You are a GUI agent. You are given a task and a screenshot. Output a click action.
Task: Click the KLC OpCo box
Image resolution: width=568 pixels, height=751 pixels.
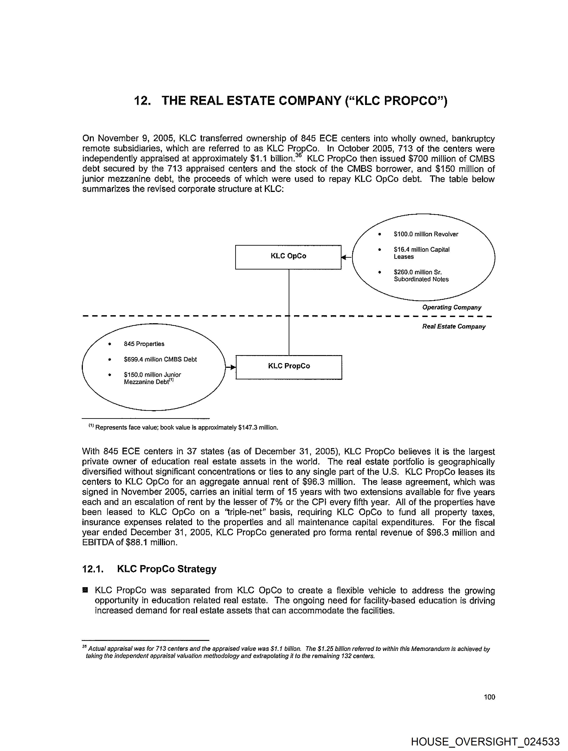click(x=288, y=257)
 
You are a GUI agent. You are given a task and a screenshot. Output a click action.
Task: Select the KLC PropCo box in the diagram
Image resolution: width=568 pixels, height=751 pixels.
click(x=289, y=367)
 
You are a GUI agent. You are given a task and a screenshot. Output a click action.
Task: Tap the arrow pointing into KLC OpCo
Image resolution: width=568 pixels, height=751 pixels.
click(x=346, y=257)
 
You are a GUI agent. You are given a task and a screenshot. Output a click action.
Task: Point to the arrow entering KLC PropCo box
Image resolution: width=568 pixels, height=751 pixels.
click(x=231, y=367)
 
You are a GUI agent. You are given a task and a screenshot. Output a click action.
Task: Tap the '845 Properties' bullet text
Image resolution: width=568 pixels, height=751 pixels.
click(x=144, y=344)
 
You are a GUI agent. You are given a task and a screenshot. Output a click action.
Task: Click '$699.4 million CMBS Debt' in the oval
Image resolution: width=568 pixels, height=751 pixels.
click(x=160, y=359)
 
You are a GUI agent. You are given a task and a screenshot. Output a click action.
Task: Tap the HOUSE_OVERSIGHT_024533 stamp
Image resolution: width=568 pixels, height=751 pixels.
click(x=485, y=741)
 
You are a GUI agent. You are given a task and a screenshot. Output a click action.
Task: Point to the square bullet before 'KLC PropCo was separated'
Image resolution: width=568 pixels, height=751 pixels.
click(x=85, y=590)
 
